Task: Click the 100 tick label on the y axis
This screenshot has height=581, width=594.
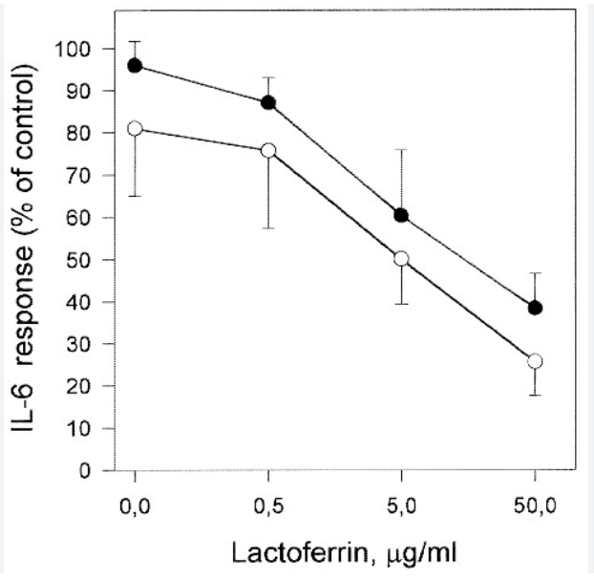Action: (x=73, y=49)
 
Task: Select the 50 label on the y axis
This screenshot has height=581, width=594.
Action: (x=78, y=260)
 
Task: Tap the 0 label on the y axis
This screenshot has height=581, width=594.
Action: (x=85, y=471)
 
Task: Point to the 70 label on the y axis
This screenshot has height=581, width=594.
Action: (x=78, y=176)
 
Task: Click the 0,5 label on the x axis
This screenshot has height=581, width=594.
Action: (x=268, y=506)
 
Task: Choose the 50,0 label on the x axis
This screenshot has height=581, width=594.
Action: (x=535, y=506)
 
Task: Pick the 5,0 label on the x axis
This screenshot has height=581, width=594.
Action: (x=401, y=506)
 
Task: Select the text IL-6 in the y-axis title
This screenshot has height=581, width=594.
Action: (x=23, y=407)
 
